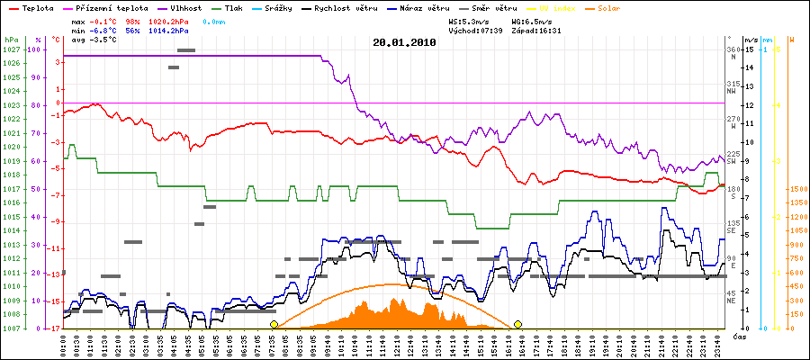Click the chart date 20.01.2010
(x=404, y=42)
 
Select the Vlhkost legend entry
(x=186, y=8)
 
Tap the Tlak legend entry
(x=238, y=8)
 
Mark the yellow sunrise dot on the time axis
(x=274, y=324)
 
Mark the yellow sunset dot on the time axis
(x=518, y=324)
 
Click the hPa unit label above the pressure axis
(x=11, y=40)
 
